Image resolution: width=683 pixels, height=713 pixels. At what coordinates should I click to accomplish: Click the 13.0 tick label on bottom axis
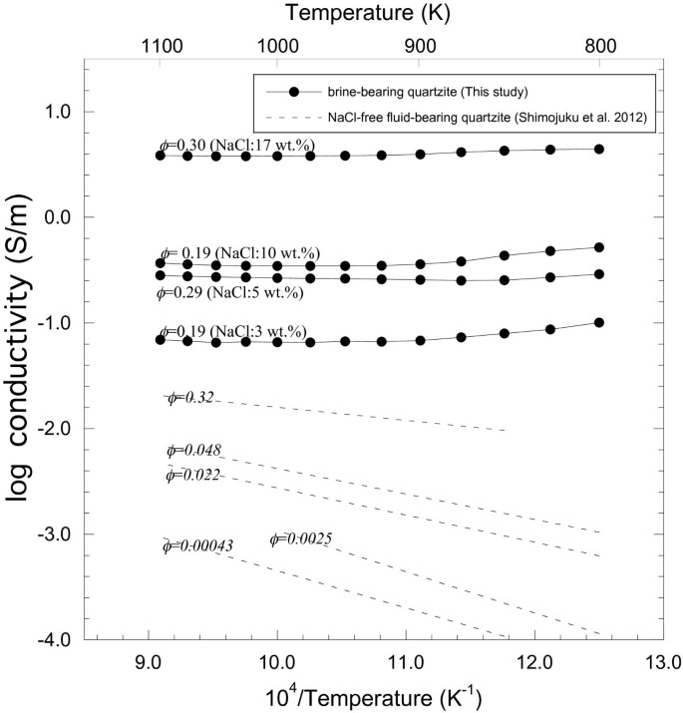coord(663,660)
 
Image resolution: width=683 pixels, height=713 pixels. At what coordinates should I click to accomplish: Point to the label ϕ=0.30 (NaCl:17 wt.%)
coord(237,147)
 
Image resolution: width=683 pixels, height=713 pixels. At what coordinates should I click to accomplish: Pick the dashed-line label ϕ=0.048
coord(193,451)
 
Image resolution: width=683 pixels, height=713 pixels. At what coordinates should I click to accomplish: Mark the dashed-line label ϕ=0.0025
coord(300,539)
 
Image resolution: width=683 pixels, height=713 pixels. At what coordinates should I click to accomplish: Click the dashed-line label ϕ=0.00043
coord(198,546)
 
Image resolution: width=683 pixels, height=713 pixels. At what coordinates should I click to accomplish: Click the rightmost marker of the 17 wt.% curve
coord(599,149)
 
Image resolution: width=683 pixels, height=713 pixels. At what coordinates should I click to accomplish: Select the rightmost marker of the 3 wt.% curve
coord(599,322)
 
